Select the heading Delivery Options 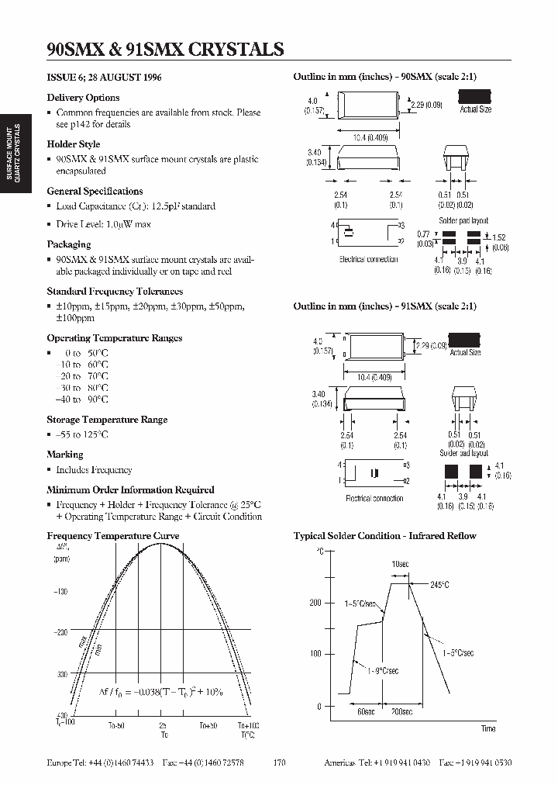point(83,98)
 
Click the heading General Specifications point(95,191)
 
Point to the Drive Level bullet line point(103,224)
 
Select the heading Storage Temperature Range point(107,420)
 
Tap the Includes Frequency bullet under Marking point(93,470)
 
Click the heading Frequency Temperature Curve point(113,536)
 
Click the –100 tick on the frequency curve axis point(60,591)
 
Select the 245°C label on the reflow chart point(440,584)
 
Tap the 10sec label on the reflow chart point(400,565)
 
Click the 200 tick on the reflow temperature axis point(315,603)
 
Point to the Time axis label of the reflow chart point(488,728)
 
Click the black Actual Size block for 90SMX point(475,96)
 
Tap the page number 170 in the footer point(280,763)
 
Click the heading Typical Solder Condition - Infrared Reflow point(384,536)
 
